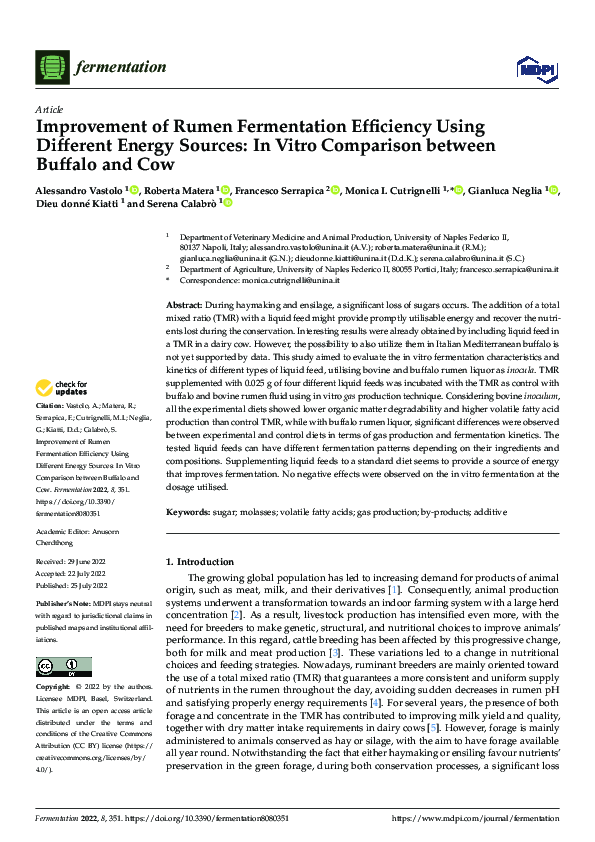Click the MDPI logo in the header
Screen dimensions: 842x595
530,68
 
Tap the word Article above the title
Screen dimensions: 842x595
49,110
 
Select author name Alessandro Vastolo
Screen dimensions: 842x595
79,190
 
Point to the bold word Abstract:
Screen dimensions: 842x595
184,303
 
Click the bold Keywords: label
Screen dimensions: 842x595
190,512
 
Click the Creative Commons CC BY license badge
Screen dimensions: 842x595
64,666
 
